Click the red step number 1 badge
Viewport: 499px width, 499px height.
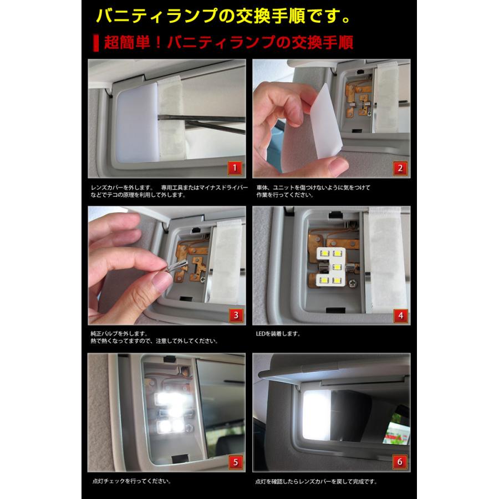235,168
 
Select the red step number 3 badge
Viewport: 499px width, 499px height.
235,315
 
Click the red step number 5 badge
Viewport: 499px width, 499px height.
235,461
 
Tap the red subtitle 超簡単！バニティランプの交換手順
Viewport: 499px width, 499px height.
227,42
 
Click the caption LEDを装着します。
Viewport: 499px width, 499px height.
279,334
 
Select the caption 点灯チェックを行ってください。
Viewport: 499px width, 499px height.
131,481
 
